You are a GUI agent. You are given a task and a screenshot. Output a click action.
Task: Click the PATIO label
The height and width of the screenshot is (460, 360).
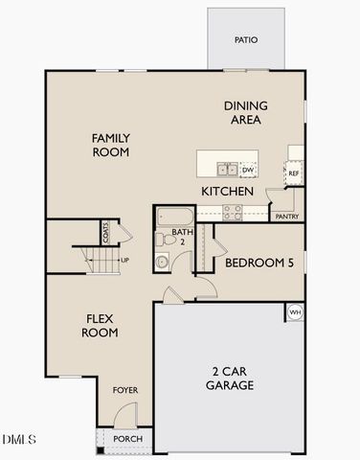246,40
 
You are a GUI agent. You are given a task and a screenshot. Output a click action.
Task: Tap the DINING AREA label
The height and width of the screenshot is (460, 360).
245,113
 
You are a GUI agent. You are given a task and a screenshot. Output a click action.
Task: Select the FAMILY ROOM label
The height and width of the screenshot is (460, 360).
110,145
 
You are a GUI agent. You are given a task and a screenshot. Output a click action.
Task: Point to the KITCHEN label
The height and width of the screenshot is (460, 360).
227,192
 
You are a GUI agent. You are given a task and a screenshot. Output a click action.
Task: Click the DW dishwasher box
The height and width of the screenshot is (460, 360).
248,170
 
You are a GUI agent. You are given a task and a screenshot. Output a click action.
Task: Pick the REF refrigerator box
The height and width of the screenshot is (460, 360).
295,173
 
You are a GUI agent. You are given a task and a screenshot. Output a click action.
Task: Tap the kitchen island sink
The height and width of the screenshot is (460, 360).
227,170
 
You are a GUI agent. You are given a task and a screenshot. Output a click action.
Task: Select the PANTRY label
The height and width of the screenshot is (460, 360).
286,217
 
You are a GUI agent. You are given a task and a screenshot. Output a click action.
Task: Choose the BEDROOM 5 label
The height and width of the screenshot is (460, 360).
259,261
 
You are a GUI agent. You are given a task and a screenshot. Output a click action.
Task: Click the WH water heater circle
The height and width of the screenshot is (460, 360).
295,312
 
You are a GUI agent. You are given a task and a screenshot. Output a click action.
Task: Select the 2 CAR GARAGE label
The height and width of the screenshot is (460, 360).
230,379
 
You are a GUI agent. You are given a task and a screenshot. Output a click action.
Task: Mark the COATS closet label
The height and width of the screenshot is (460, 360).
106,233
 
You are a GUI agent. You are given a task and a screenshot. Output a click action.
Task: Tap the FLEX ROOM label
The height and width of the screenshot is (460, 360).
101,326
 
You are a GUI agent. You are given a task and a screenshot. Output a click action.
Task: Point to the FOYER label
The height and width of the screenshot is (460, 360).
125,390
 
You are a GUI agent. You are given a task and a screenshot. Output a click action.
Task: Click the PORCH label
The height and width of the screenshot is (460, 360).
127,439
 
